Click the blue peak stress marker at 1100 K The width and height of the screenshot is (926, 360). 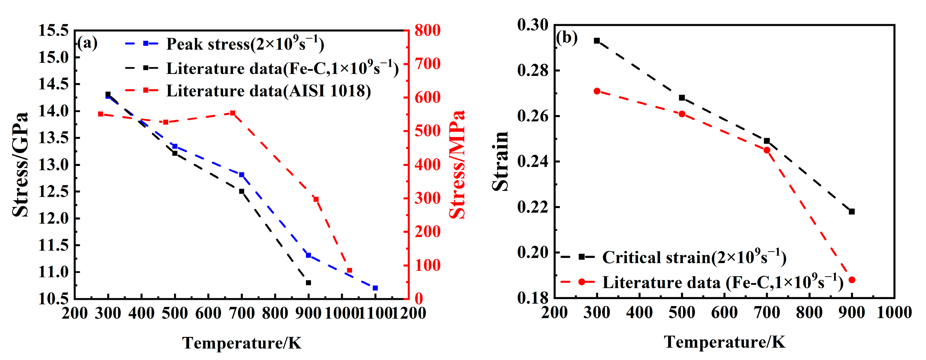coord(375,288)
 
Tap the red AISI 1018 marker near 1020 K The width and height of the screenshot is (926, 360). coord(349,270)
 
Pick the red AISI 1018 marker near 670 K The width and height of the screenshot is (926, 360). coord(233,113)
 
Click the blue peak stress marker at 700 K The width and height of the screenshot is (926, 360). coord(242,175)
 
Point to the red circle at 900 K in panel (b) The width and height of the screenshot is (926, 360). coord(852,279)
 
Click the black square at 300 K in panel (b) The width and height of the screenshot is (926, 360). coord(597,41)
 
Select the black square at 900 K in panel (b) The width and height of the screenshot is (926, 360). coord(852,211)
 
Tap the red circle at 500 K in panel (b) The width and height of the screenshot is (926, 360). coord(682,114)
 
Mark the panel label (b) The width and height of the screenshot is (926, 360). coord(567,37)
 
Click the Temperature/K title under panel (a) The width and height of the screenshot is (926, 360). coord(242,343)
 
